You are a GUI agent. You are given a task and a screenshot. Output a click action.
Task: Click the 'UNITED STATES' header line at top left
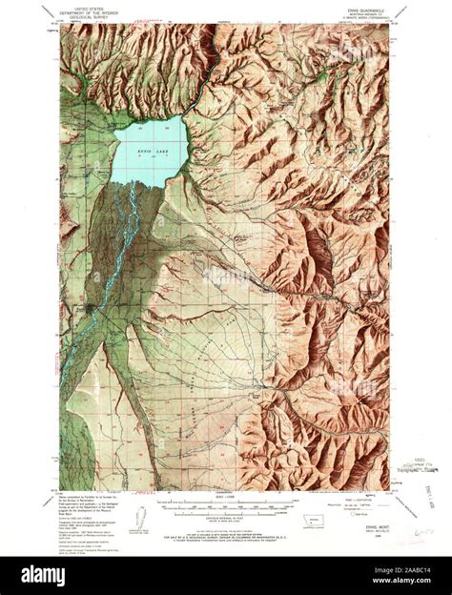[x=96, y=6]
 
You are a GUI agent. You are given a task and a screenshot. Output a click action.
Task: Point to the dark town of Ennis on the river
[x=89, y=310]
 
